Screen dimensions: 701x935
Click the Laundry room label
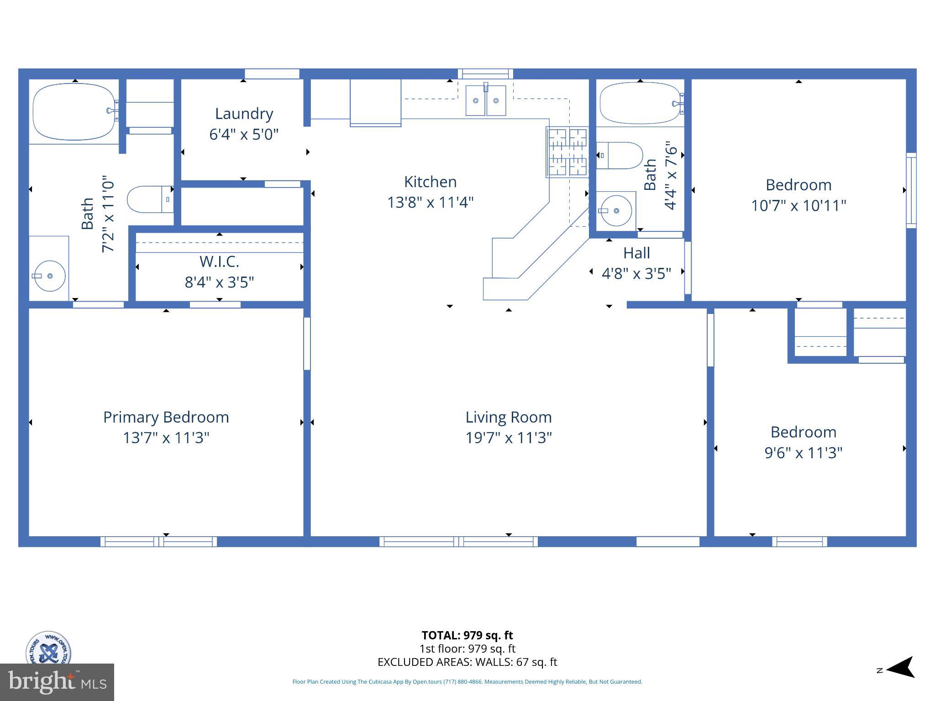[244, 114]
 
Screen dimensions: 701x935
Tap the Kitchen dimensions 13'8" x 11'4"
[430, 202]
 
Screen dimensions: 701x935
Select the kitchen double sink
[485, 100]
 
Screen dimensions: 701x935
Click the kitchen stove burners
[568, 152]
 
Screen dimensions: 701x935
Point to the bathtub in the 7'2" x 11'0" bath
[74, 111]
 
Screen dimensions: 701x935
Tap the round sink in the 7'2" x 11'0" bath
[49, 276]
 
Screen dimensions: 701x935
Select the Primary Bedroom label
[166, 417]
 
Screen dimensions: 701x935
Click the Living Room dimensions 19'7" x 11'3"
[508, 438]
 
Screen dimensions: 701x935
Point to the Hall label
[636, 253]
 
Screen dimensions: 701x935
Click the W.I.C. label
[219, 262]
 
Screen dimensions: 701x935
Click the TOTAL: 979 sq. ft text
[467, 635]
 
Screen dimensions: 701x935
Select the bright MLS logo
[57, 682]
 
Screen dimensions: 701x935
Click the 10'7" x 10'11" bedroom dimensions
[798, 205]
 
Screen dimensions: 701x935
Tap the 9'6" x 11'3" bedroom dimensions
[803, 453]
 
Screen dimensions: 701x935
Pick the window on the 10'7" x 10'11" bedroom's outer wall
[911, 190]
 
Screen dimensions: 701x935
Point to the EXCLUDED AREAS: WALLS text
[467, 662]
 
